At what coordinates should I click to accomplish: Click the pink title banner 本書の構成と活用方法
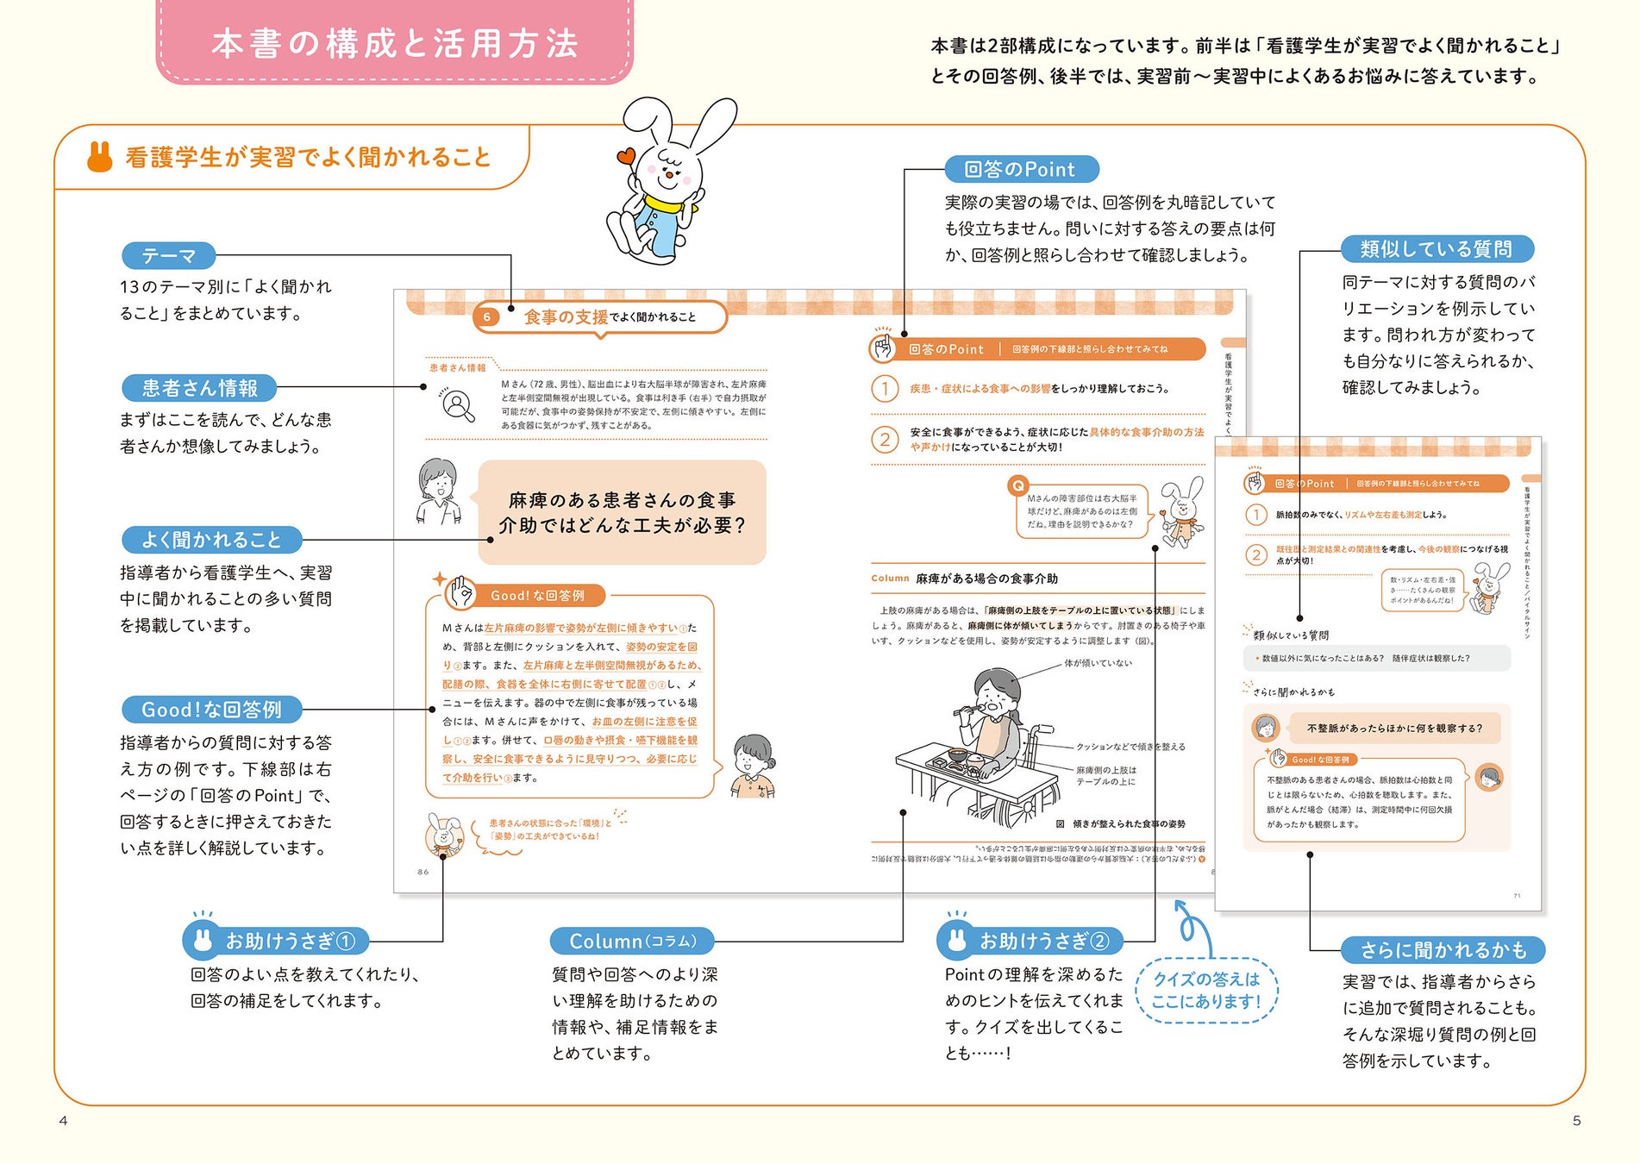(x=394, y=43)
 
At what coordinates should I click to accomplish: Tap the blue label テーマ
(x=169, y=256)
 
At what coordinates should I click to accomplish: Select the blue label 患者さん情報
(x=199, y=388)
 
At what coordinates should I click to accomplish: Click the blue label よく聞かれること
(x=211, y=540)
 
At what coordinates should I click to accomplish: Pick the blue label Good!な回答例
(x=211, y=710)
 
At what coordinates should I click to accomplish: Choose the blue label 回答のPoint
(x=1020, y=169)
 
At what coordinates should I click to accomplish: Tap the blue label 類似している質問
(x=1437, y=249)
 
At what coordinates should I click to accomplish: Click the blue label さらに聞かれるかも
(x=1443, y=950)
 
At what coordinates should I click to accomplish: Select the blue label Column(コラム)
(x=633, y=941)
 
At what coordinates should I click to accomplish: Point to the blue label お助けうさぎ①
(x=276, y=941)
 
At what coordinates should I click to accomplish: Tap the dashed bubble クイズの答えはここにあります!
(x=1206, y=990)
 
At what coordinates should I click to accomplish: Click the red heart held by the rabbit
(x=625, y=157)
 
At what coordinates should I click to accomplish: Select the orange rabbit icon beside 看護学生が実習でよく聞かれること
(x=100, y=156)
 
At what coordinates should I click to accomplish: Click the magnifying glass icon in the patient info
(x=458, y=404)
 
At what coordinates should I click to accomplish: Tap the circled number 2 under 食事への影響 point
(x=885, y=440)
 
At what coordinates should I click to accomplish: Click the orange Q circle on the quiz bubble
(x=1017, y=485)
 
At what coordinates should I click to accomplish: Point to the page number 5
(x=1576, y=1121)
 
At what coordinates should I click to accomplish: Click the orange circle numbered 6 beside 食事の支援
(x=486, y=317)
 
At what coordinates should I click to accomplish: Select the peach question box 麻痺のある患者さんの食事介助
(x=622, y=512)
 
